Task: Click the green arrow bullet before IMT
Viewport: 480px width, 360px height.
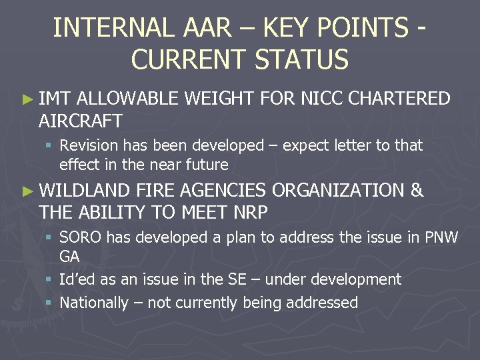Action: pos(27,99)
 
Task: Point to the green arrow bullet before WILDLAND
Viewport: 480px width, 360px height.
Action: pos(27,191)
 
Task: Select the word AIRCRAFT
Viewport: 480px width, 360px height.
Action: pos(81,121)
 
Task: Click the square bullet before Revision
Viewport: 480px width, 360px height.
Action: pos(50,145)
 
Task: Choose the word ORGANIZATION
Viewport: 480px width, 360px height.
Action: pos(338,191)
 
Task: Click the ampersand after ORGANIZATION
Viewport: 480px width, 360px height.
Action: pos(417,191)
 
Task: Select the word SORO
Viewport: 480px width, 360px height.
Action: pos(80,237)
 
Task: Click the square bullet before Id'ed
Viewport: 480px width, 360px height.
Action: pos(50,280)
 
